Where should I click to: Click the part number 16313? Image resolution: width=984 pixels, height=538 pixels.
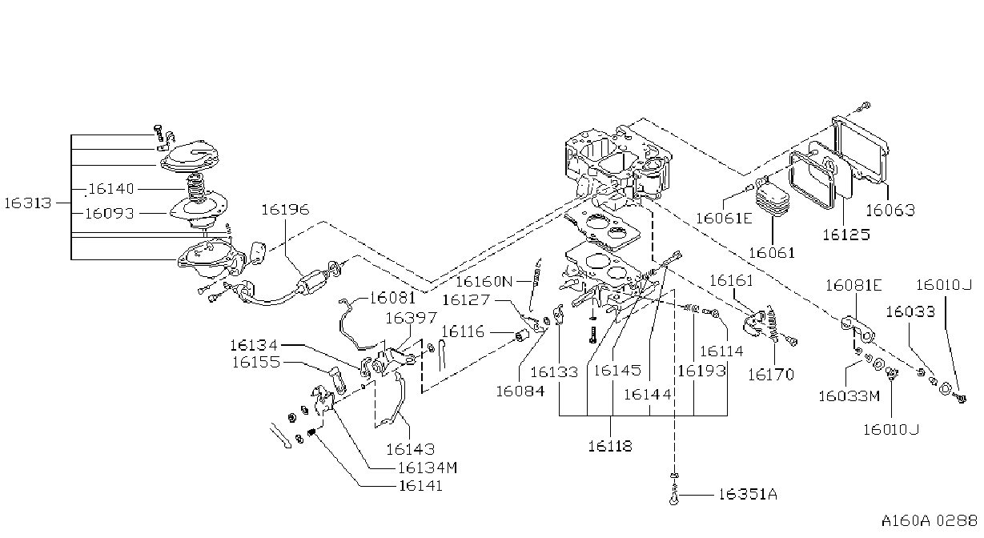28,203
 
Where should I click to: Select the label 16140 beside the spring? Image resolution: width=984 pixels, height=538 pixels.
111,189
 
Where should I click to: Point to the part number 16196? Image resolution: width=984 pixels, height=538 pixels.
285,210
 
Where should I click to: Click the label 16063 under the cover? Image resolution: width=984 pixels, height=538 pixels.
890,211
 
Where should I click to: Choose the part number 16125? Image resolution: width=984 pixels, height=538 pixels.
845,235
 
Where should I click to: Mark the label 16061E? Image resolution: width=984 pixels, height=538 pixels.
724,219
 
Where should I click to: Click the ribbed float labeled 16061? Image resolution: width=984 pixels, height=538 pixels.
772,200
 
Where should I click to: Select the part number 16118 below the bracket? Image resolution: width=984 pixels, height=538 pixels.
610,446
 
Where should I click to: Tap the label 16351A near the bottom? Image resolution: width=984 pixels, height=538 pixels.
748,495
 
